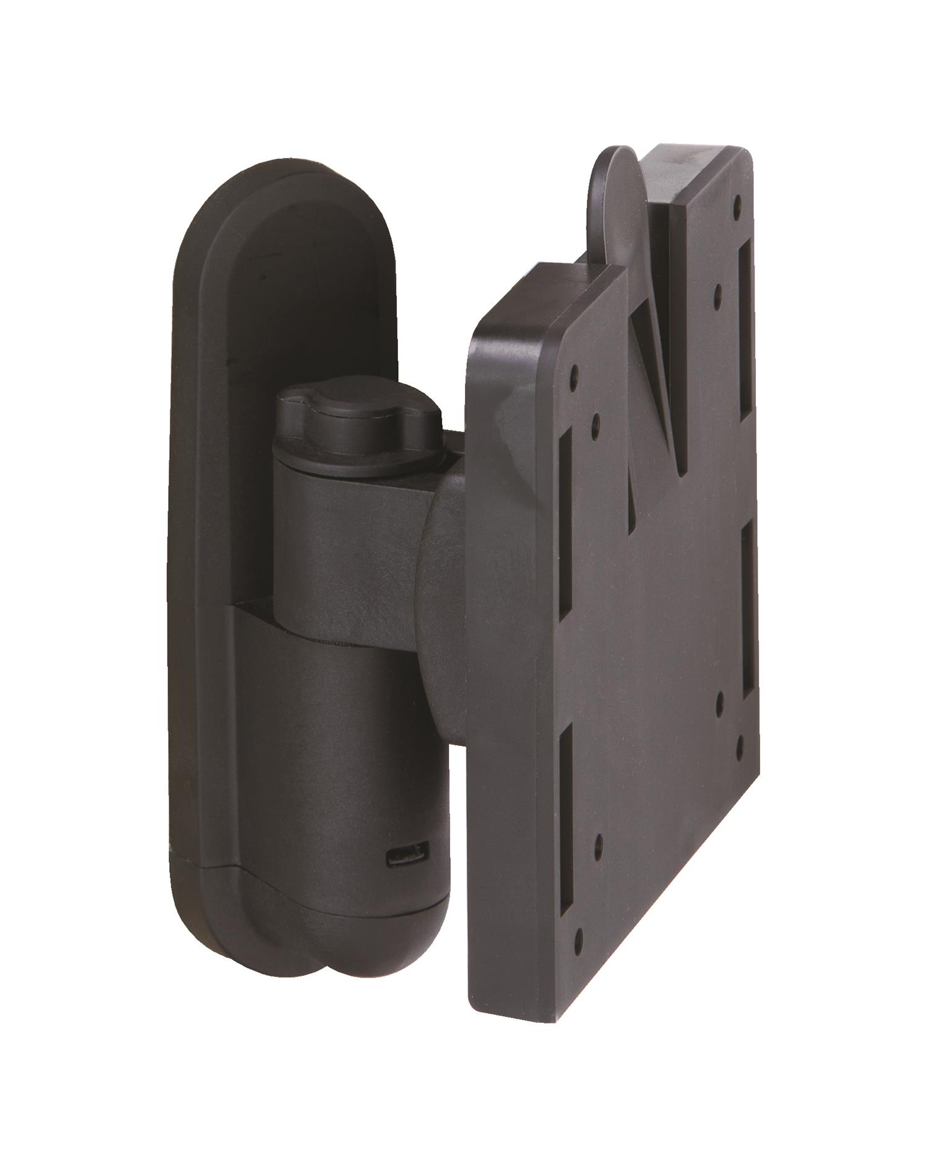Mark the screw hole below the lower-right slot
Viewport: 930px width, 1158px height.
[x=740, y=739]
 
